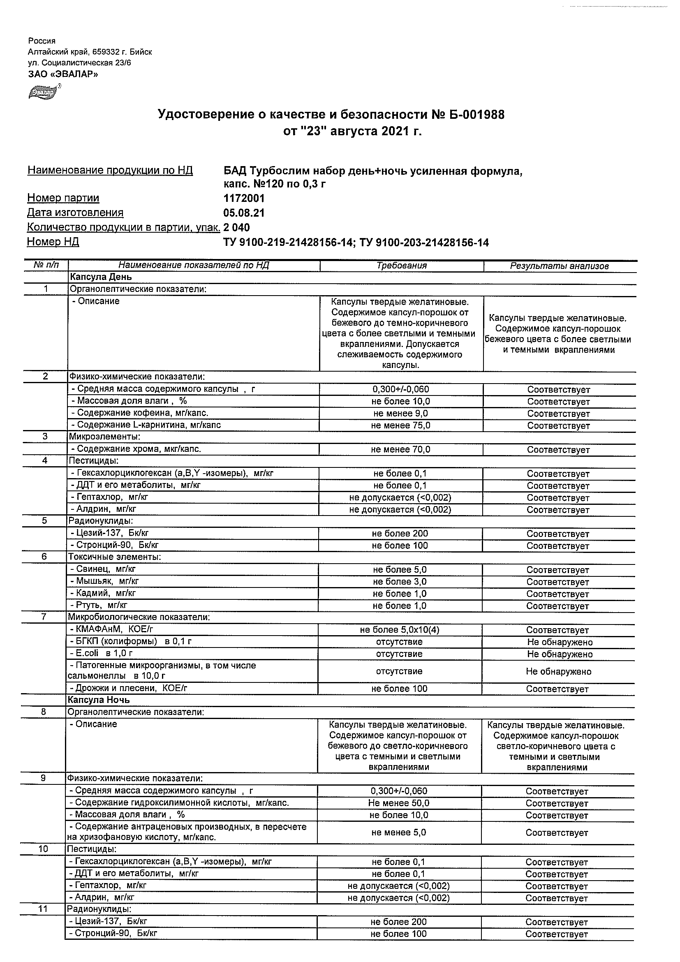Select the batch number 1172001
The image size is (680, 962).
point(244,198)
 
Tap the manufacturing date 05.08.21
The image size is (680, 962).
point(244,213)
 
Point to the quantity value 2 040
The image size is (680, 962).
point(237,227)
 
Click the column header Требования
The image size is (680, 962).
point(401,266)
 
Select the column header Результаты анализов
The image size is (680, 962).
point(559,266)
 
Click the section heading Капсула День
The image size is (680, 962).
point(101,277)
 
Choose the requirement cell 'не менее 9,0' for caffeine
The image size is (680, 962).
point(400,414)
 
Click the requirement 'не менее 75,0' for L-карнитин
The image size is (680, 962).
point(400,425)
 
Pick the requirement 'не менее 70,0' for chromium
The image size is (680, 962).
point(400,450)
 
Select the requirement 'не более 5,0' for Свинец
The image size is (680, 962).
point(400,570)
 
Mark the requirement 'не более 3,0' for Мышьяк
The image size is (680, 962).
point(400,582)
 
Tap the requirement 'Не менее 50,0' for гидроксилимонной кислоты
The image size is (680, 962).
point(399,803)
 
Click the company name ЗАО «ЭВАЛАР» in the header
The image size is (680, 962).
point(63,74)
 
